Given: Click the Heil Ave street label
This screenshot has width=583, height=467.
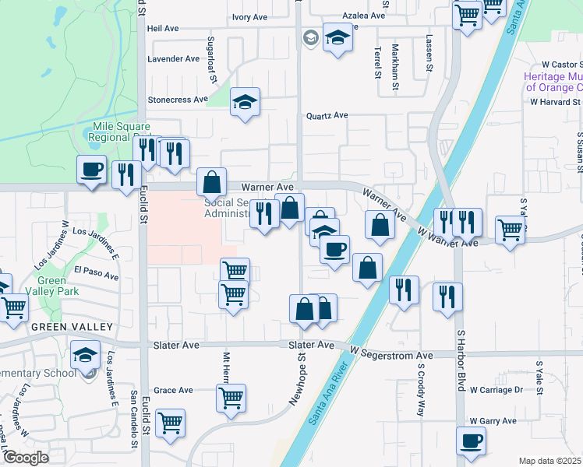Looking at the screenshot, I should click(x=163, y=28).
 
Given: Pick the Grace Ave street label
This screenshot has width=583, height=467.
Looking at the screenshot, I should click(x=173, y=391).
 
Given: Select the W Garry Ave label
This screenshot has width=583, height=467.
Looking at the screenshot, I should click(x=493, y=421).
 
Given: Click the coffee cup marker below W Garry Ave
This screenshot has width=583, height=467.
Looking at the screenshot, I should click(x=470, y=442).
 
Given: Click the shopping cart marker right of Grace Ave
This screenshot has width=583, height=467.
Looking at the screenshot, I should click(x=231, y=398).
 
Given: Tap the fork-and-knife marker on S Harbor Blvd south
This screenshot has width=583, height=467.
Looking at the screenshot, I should click(x=447, y=297).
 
